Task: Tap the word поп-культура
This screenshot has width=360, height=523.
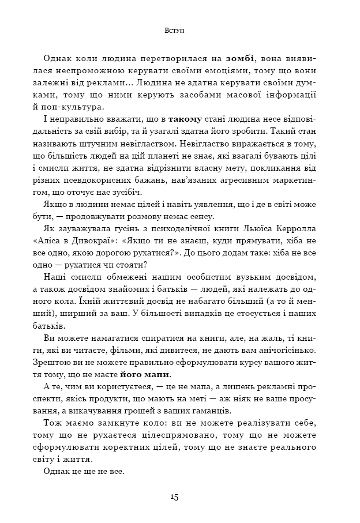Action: tap(75, 108)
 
